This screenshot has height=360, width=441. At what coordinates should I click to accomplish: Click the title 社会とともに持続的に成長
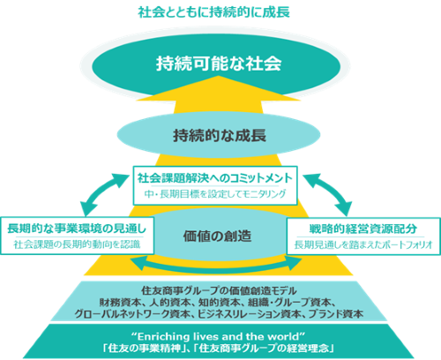pos(213,12)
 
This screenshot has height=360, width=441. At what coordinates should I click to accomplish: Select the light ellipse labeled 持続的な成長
pos(219,135)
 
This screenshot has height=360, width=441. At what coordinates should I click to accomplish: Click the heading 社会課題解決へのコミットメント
pos(215,178)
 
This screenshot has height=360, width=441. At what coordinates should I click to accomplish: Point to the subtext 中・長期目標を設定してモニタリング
pos(215,194)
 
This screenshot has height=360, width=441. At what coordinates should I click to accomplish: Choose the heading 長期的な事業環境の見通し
pos(77,229)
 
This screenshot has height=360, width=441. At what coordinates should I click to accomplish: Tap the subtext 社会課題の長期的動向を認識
pos(77,244)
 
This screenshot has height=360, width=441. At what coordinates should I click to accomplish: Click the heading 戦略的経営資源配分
pos(363,229)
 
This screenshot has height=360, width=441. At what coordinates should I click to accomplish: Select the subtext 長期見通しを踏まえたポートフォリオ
pos(363,244)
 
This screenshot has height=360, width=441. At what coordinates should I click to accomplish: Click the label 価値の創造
pos(217,236)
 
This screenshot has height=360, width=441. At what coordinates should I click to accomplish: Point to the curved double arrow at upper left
pos(101,191)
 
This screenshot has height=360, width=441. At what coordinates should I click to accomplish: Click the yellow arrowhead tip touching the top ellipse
pos(219,76)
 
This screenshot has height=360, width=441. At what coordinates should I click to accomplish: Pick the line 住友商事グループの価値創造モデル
pos(219,291)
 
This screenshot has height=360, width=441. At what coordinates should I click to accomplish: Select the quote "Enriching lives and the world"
pos(219,336)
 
